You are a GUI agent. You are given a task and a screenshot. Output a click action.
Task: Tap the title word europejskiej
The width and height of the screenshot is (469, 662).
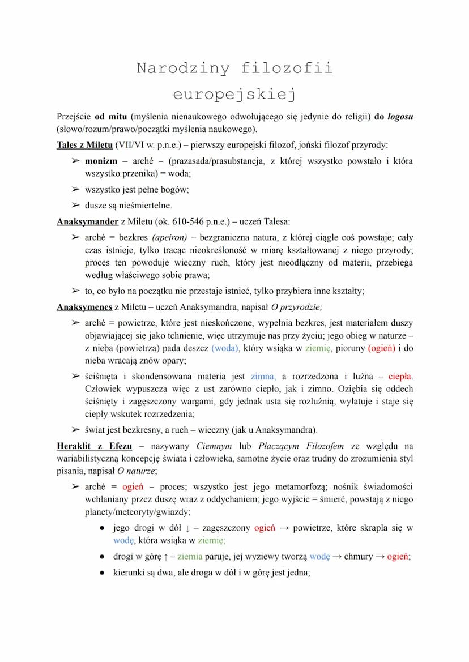pos(234,94)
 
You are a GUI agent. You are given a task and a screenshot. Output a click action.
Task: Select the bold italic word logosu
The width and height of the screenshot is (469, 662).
pos(400,117)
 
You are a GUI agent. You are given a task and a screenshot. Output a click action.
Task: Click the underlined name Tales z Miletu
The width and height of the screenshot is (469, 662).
pos(85,145)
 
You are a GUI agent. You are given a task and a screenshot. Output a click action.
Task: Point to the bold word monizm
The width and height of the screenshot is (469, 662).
pos(101,161)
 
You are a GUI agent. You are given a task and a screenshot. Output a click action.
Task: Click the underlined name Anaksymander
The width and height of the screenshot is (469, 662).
pos(87,221)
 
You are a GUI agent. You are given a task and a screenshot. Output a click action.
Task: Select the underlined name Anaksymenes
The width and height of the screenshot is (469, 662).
pos(84,307)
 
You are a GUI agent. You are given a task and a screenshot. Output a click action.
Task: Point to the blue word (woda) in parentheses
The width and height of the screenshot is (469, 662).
pos(225,348)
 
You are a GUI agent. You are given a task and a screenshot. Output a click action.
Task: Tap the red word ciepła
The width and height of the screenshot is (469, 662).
pos(400,376)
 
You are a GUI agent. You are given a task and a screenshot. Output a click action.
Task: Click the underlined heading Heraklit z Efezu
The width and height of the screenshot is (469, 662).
pos(94,446)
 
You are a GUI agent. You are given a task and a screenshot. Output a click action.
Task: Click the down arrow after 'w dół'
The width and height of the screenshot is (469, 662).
pos(187,528)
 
